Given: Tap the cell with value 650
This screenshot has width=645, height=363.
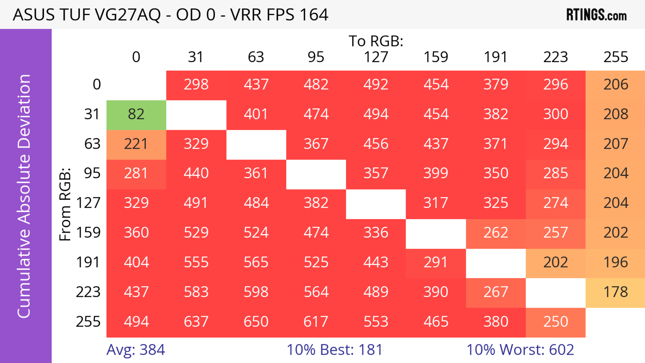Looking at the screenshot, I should click(256, 322).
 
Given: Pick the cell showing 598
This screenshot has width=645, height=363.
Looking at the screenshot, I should click(256, 292).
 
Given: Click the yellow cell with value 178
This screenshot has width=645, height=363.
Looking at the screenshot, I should click(615, 292).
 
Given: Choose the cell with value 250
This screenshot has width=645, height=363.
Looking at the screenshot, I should click(555, 322).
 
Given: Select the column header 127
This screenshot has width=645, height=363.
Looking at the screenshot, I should click(376, 57).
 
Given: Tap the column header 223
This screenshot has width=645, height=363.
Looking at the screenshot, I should click(555, 57).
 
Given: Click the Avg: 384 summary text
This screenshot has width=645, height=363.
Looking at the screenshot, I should click(136, 350).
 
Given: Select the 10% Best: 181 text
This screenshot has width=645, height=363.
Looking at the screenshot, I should click(335, 350).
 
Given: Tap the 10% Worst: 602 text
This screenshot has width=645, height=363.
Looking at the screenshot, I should click(520, 350).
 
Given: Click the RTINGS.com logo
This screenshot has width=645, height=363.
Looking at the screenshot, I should click(596, 15).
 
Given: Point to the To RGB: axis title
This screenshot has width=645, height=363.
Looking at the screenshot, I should click(376, 41).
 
